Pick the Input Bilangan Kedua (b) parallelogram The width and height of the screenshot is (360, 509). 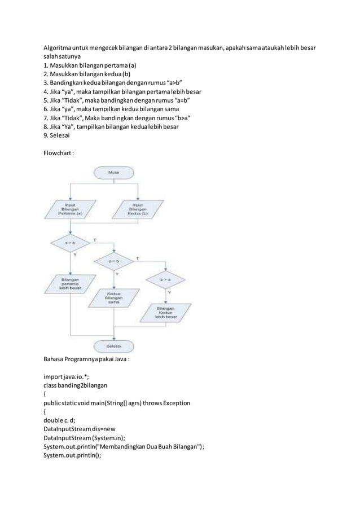pyautogui.click(x=138, y=210)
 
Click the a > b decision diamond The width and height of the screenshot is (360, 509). pyautogui.click(x=70, y=243)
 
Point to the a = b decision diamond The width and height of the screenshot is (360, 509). pyautogui.click(x=115, y=261)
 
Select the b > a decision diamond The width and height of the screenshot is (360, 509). pyautogui.click(x=166, y=278)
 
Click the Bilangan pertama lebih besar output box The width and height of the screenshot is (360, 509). pyautogui.click(x=70, y=283)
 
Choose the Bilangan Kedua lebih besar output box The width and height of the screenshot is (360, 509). pyautogui.click(x=165, y=313)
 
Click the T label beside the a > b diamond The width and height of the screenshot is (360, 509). pyautogui.click(x=94, y=240)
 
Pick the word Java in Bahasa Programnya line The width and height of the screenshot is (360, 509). pyautogui.click(x=118, y=359)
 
